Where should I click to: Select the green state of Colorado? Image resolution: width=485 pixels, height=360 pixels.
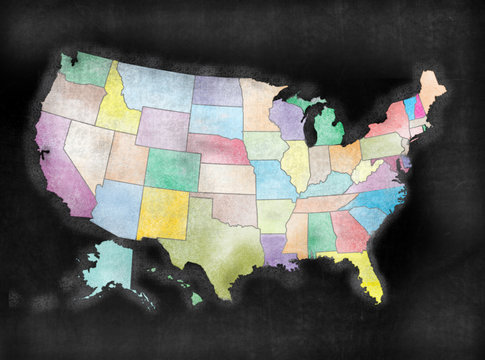[x=172, y=170]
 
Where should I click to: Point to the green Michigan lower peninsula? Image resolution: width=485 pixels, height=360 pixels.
[x=328, y=127]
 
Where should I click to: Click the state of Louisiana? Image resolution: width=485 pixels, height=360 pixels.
[x=278, y=250]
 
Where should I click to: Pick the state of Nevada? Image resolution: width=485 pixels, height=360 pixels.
[x=87, y=150]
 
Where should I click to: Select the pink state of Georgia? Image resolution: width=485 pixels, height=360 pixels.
[x=347, y=231]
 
